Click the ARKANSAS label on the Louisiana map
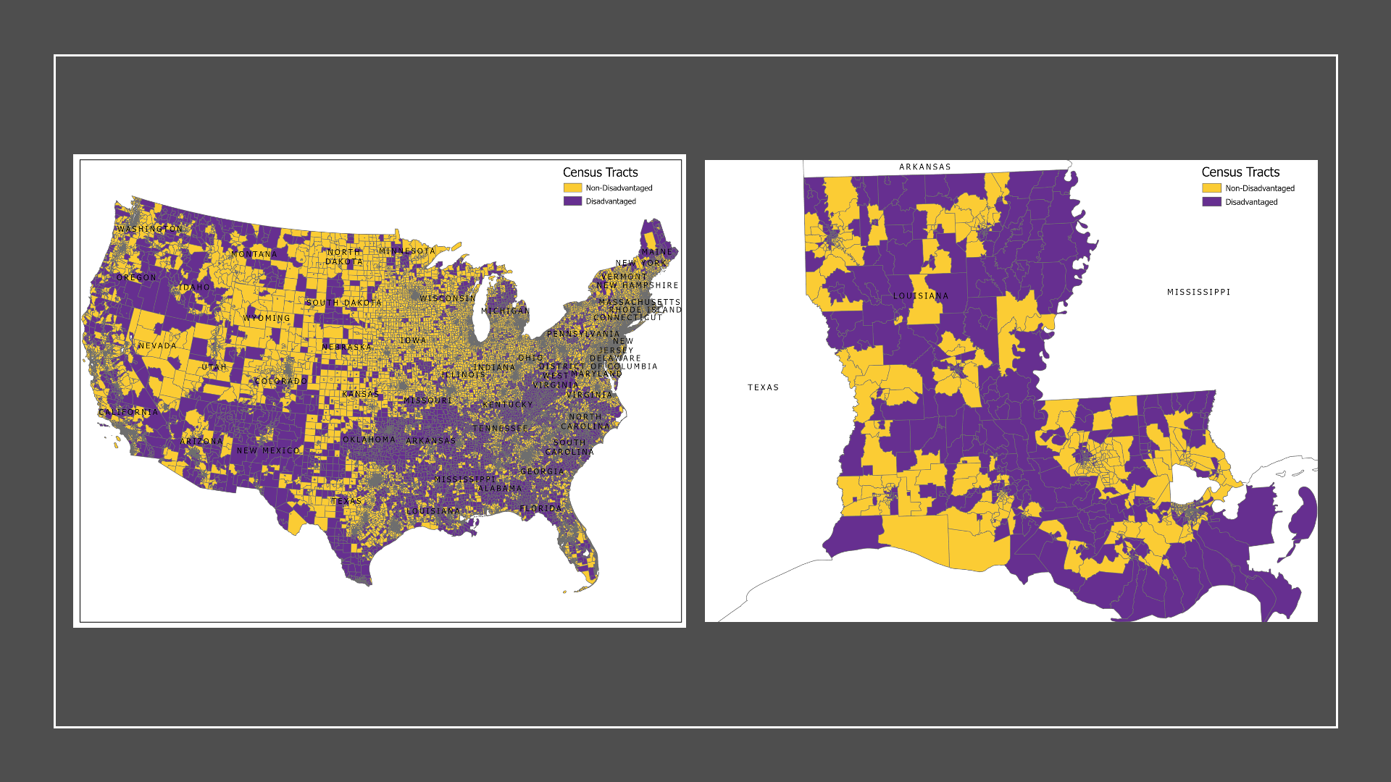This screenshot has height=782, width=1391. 924,167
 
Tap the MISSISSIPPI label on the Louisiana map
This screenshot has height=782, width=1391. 1198,293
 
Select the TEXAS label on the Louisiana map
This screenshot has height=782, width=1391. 763,388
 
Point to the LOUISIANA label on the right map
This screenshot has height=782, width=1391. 920,296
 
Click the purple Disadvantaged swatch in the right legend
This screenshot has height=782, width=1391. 1211,202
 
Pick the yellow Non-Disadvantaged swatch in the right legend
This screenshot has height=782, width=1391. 1211,188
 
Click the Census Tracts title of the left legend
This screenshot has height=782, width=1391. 600,172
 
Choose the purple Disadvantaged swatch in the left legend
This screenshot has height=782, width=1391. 572,201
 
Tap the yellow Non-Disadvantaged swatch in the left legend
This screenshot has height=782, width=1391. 572,188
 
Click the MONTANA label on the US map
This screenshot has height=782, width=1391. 254,254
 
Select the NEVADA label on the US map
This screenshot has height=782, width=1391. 157,346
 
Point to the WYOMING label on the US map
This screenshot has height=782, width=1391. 266,319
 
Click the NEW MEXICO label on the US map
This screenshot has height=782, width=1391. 268,450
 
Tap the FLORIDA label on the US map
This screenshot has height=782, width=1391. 540,509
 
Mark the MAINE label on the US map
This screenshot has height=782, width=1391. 656,252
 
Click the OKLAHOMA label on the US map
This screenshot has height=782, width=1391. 369,440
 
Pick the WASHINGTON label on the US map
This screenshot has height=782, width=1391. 149,230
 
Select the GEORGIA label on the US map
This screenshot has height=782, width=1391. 542,471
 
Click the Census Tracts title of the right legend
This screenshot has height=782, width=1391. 1240,172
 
